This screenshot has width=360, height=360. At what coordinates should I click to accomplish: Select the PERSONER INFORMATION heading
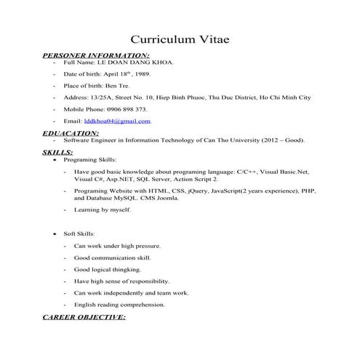tap(96, 55)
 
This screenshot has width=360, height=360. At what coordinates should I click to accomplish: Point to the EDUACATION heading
tap(71, 133)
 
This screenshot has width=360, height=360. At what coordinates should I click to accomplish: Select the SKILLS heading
tap(57, 152)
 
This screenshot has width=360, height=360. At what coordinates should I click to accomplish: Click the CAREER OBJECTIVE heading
tap(84, 318)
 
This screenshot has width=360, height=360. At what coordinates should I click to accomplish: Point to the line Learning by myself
tap(103, 209)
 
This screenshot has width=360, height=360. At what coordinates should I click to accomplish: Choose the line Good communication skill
tap(112, 257)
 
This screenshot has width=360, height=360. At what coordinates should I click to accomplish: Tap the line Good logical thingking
tap(108, 269)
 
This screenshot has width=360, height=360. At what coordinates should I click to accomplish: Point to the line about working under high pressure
tap(117, 246)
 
